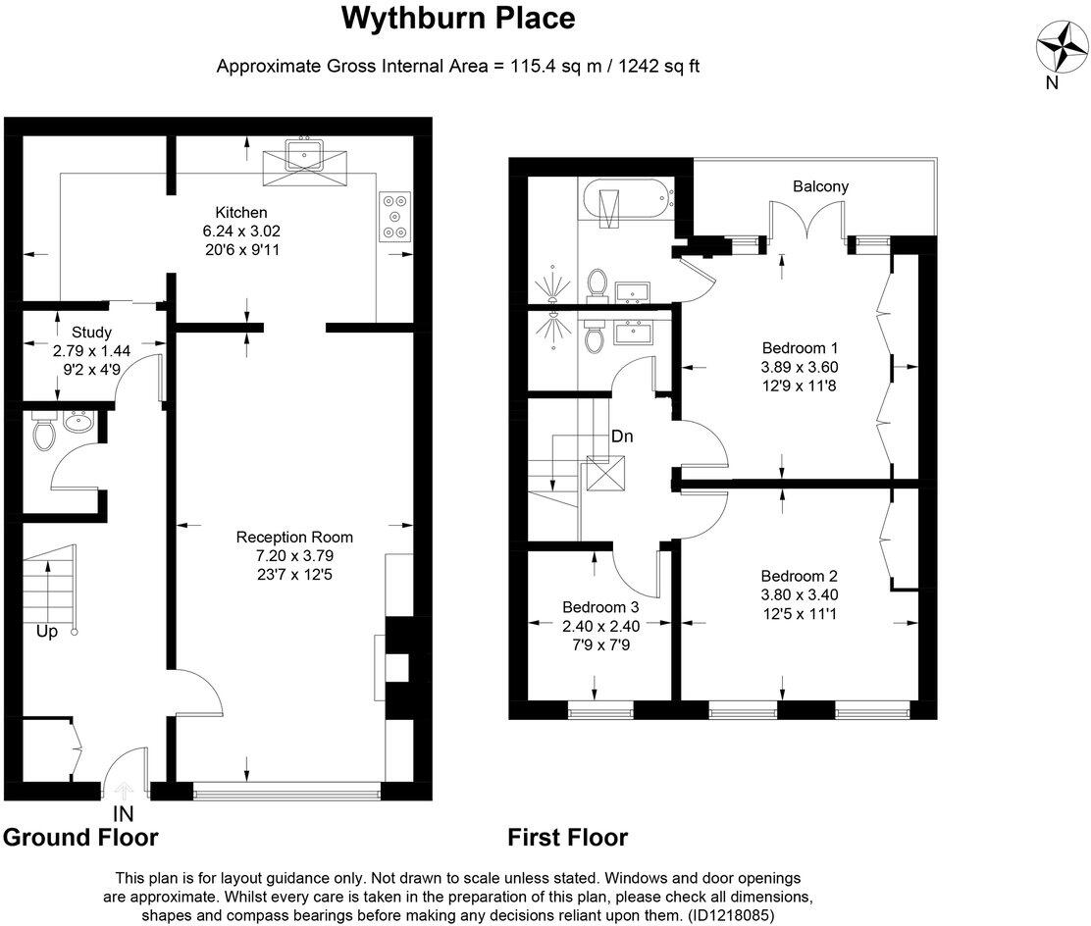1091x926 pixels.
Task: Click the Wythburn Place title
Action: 458,18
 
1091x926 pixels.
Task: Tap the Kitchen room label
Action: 241,212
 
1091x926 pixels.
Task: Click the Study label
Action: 91,332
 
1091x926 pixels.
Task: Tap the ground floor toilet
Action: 42,432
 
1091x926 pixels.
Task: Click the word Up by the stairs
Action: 46,632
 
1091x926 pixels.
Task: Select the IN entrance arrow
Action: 125,792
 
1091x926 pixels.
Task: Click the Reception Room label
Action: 294,537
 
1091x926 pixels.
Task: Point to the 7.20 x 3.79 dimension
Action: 294,555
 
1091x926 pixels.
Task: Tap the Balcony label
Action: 821,186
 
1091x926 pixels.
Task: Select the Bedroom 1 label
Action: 800,348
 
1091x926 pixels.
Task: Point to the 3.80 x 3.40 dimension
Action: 799,594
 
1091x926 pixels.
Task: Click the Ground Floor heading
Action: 80,837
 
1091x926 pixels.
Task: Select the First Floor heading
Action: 567,837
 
